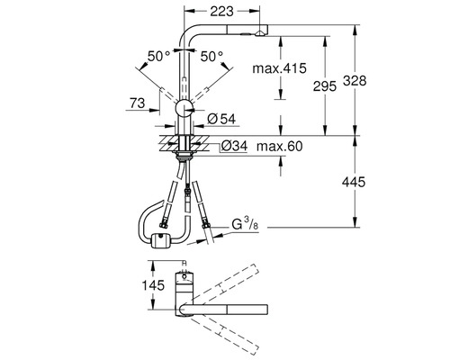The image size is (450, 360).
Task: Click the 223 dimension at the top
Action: tap(221, 12)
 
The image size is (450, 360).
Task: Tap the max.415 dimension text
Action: tap(279, 68)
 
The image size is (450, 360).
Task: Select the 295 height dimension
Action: tap(325, 86)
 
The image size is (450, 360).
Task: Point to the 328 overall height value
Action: tap(355, 81)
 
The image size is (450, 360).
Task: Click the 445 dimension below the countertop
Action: tap(354, 182)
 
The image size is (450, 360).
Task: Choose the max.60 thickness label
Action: tap(280, 147)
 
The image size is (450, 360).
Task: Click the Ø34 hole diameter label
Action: tap(234, 146)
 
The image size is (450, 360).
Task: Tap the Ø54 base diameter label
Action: tap(221, 119)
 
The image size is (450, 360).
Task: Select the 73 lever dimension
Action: tap(138, 103)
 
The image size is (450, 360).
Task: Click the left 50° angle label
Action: tap(158, 56)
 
